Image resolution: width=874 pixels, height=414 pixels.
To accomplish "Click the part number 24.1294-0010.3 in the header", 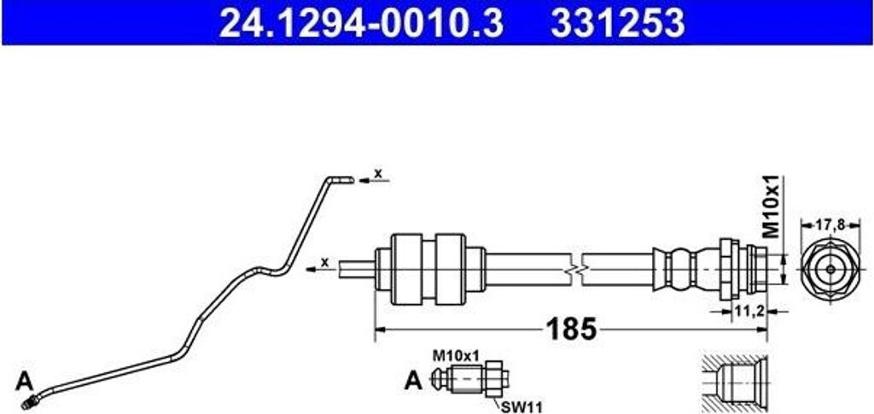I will pos(358,23).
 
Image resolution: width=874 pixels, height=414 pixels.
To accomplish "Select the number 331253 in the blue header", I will pos(617,23).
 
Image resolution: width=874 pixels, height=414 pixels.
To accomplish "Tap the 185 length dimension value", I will pos(570,329).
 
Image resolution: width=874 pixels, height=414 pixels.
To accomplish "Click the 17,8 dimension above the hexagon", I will pos(830,225).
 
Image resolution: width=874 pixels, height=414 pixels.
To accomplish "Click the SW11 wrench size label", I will pos(516,406).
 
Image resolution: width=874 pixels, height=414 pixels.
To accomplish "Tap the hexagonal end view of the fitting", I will pos(830,267).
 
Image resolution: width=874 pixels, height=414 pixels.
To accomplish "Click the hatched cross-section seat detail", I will pos(734,381).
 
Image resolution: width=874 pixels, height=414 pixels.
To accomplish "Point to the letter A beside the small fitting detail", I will pos(413,381).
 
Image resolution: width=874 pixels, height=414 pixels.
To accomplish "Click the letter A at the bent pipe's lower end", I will pos(24,379).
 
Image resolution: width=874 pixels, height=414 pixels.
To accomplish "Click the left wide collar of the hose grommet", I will pos(406,267).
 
